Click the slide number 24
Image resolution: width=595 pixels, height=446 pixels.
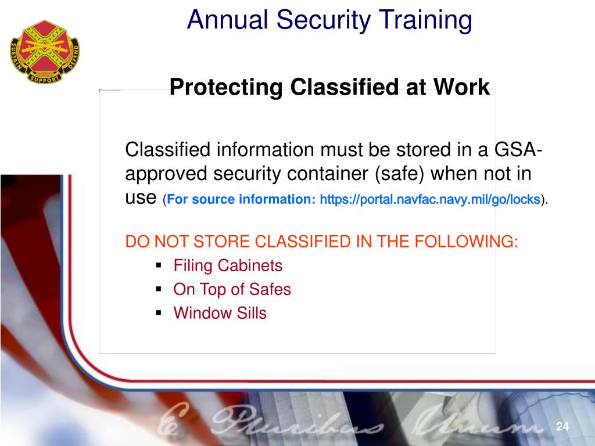[x=562, y=427]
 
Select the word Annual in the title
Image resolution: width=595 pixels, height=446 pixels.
[x=227, y=20]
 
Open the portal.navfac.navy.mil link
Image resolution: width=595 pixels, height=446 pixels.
[x=430, y=200]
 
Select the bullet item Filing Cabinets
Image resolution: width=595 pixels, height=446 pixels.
[x=228, y=266]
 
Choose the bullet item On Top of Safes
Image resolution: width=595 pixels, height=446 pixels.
[x=232, y=289]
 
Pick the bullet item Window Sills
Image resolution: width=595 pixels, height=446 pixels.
[x=220, y=313]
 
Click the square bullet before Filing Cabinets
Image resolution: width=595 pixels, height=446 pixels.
[x=158, y=265]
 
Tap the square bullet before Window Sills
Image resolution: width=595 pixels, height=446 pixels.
[x=158, y=312]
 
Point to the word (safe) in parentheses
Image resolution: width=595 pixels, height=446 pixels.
[x=402, y=174]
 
